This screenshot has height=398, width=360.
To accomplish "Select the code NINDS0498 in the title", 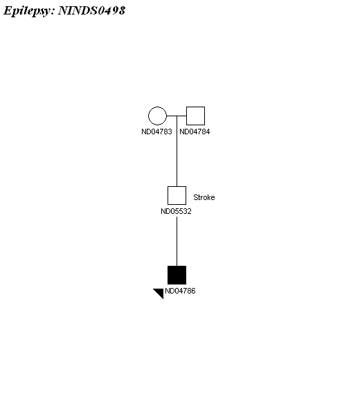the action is click(91, 10).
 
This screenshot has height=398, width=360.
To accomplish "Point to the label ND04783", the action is click(156, 132).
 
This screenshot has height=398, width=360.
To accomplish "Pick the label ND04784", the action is click(195, 132).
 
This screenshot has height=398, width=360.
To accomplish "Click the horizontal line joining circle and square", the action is click(177, 116).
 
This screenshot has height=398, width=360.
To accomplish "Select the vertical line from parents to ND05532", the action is click(177, 151).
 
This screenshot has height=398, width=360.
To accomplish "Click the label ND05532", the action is click(176, 211).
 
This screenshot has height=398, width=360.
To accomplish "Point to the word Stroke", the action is click(204, 197).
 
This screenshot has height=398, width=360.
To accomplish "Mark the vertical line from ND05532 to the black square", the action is click(177, 241).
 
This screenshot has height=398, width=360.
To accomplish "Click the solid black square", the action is click(177, 275).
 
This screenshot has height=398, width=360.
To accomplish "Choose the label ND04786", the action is click(180, 291).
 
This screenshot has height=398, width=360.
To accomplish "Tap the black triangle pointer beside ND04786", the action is click(160, 292).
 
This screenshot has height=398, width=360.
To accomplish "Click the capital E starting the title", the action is click(8, 10).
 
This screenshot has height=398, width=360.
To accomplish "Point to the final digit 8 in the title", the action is click(122, 10).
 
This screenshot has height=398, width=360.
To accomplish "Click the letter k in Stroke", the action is click(208, 197).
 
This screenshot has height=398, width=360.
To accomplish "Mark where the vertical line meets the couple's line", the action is click(177, 116).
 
